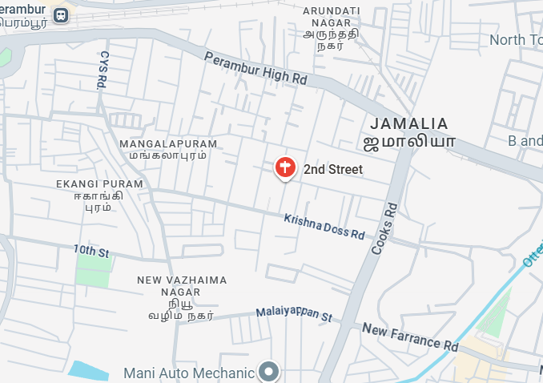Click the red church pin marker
(284, 167)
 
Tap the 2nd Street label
(333, 170)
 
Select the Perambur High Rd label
(255, 70)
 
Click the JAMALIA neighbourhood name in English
(408, 123)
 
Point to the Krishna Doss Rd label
(324, 226)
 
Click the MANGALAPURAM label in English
(168, 143)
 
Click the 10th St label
(90, 252)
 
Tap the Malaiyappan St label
(294, 314)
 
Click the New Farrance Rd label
(409, 337)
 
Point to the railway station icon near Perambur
(61, 15)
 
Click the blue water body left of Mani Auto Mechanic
(88, 371)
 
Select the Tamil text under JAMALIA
(409, 143)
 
